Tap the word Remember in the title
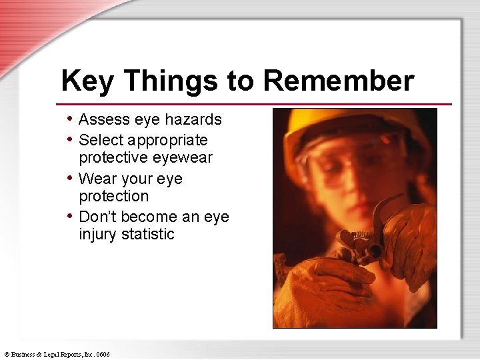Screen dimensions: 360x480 [339, 81]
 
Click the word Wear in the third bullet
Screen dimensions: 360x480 [97, 179]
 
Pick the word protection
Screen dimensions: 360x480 [114, 197]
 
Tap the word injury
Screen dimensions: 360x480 [98, 235]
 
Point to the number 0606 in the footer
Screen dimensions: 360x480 [102, 354]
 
